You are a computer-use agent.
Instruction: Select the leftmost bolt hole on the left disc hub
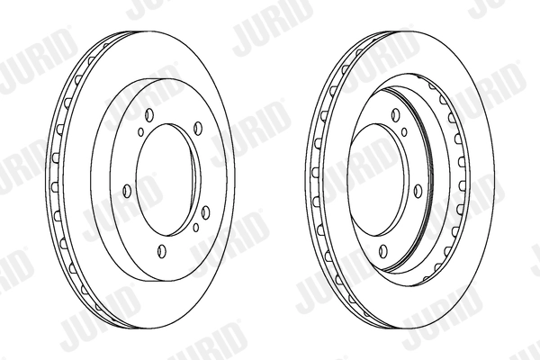(x=125, y=190)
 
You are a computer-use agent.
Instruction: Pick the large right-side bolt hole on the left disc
(x=206, y=211)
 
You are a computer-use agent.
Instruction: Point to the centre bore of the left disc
(x=166, y=184)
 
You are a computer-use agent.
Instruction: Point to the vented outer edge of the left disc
(x=59, y=180)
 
